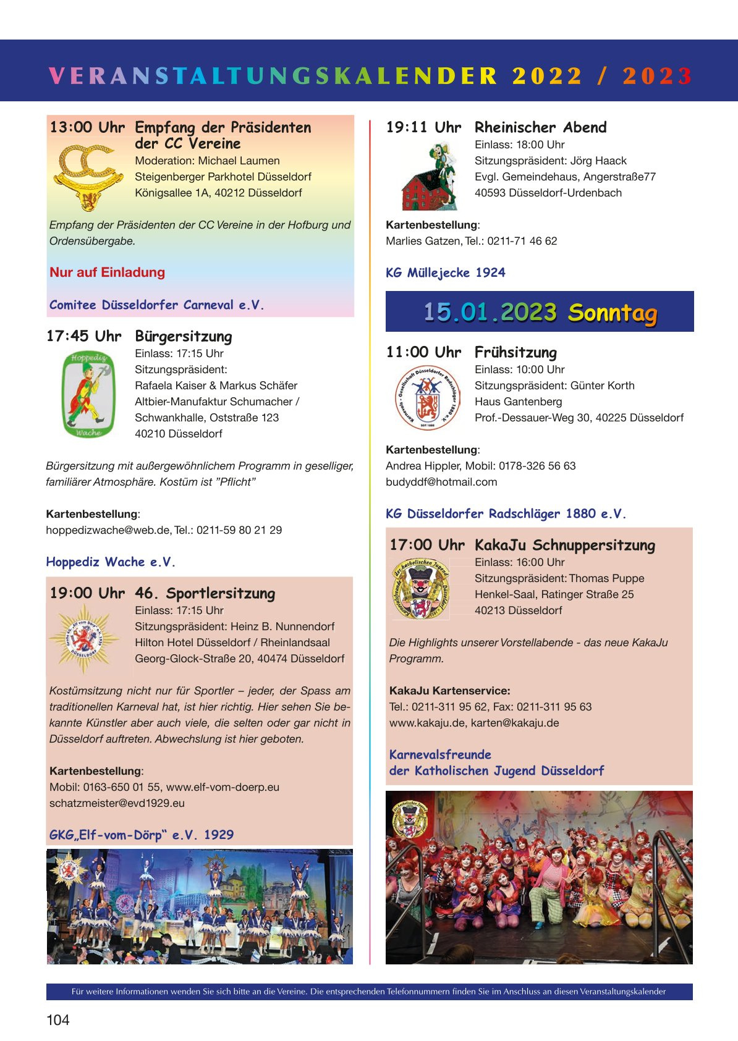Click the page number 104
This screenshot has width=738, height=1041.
[x=58, y=1019]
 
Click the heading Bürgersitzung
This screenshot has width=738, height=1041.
[x=184, y=337]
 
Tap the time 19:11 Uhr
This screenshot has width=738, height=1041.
[x=423, y=128]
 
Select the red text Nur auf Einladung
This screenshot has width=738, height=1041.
[x=108, y=272]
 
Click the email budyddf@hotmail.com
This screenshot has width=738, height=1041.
[x=441, y=482]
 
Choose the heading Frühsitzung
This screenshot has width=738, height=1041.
[x=515, y=353]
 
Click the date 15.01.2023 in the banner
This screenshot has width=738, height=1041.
[x=490, y=312]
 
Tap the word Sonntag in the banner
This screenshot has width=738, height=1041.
[x=612, y=313]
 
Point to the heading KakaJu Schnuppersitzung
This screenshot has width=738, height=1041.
[x=564, y=546]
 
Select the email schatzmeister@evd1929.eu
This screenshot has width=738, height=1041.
[x=117, y=803]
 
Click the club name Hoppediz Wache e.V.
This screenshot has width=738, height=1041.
[x=111, y=562]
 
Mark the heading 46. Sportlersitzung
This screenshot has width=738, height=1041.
[x=205, y=594]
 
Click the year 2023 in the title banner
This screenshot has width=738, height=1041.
[x=656, y=76]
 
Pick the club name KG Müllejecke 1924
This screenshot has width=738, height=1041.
[x=446, y=273]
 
